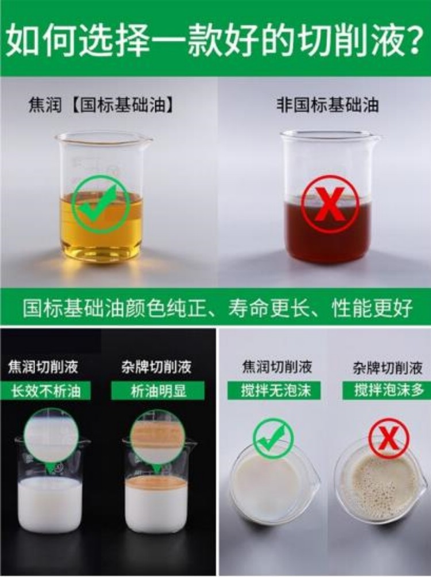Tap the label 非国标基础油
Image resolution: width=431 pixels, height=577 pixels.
[x=327, y=105]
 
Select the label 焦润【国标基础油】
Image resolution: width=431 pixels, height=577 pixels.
[x=101, y=106]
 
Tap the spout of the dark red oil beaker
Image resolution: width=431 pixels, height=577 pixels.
[x=376, y=139]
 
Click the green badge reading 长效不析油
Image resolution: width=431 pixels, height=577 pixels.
[x=45, y=390]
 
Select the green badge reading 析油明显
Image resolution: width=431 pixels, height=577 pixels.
[x=158, y=390]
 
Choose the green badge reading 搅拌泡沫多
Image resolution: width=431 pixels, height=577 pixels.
[x=387, y=390]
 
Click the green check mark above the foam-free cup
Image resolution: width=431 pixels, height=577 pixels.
[x=274, y=437]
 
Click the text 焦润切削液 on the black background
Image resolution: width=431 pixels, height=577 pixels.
[x=43, y=367]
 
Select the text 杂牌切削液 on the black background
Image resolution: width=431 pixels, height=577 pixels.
[x=156, y=367]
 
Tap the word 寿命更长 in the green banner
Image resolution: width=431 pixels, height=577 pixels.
[x=261, y=307]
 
